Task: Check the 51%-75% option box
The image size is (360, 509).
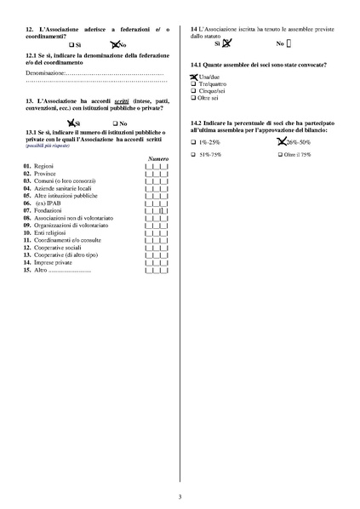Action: [x=194, y=155]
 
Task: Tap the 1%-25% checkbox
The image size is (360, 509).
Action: [x=194, y=142]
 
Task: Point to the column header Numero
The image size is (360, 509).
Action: [x=157, y=160]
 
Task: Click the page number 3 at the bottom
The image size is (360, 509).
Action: [x=180, y=496]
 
